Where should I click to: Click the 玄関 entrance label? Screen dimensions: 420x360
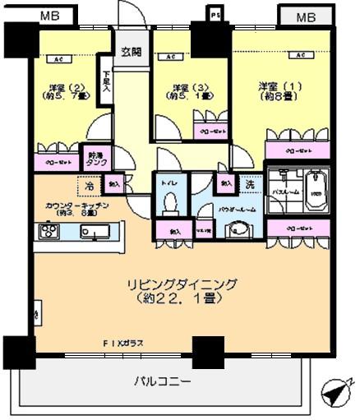(132, 53)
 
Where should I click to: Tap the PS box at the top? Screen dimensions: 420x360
(216, 14)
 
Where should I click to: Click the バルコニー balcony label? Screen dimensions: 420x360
(163, 381)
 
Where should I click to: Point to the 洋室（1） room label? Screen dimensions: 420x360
(276, 90)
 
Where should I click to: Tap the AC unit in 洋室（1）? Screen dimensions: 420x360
(302, 56)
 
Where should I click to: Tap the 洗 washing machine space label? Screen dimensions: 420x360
(248, 185)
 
